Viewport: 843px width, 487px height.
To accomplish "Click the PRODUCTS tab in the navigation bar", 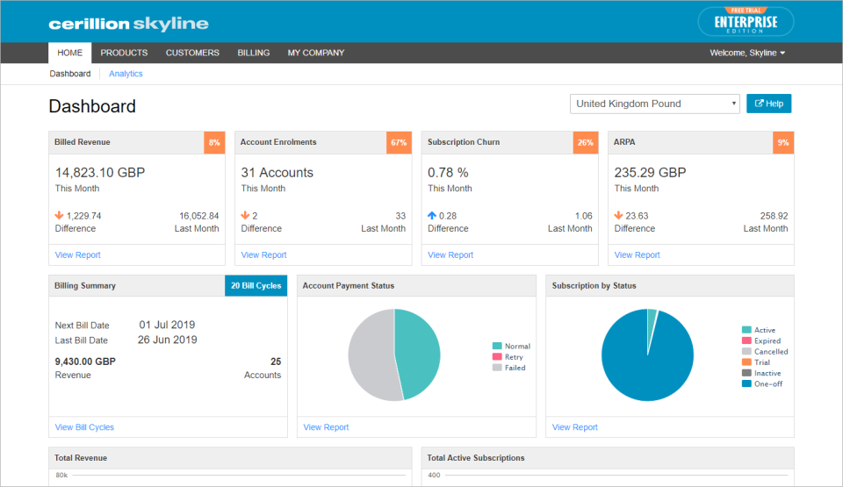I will (124, 53).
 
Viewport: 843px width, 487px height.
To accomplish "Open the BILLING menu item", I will (253, 53).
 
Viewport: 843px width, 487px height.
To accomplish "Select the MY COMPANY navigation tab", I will (316, 53).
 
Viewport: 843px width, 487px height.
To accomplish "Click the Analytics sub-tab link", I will (126, 74).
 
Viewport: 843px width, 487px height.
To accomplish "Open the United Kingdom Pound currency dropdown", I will (655, 104).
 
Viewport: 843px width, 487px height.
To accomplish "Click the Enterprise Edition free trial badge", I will (746, 22).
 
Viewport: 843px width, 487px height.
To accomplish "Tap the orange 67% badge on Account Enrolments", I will (399, 142).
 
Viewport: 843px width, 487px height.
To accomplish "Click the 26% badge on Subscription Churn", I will (586, 142).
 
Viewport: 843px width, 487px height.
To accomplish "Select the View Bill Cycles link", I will (84, 427).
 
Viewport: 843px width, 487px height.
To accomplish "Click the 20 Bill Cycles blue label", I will (256, 286).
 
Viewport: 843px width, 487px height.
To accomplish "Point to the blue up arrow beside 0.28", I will (432, 215).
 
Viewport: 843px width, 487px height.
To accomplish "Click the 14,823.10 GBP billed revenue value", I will (100, 173).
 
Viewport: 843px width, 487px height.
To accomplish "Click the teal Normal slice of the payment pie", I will (418, 351).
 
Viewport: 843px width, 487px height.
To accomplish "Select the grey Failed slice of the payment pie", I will (369, 355).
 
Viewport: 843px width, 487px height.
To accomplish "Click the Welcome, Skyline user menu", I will (747, 53).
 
